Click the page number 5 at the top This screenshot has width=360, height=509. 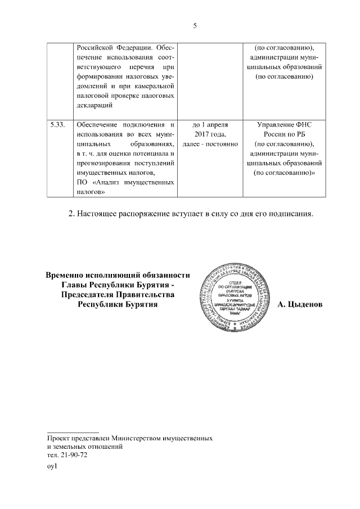195,26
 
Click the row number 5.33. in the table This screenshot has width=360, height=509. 58,124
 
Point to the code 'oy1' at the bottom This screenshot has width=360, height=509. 53,466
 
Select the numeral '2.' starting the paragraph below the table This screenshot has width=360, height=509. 71,214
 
